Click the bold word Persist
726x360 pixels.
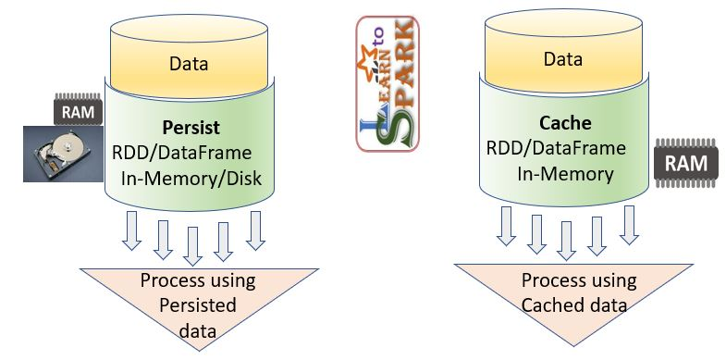[x=191, y=128]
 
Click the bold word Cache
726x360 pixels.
[x=565, y=123]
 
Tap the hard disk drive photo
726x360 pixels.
[x=63, y=154]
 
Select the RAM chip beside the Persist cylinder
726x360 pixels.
[x=78, y=110]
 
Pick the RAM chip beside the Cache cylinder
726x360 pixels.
[x=686, y=163]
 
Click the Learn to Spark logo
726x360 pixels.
[x=388, y=84]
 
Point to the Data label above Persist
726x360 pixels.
[x=189, y=64]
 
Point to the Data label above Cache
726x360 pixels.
[x=563, y=59]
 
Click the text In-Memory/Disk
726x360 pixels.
[x=191, y=178]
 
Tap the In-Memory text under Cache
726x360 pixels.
[x=565, y=174]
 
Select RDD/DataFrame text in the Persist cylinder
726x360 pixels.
[x=182, y=153]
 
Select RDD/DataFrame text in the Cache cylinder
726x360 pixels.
[x=556, y=148]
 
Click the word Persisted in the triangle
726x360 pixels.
[x=198, y=305]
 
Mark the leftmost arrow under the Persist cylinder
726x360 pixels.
[x=131, y=230]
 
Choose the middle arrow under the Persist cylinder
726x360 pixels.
[x=192, y=246]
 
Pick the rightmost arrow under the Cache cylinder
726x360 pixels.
[x=629, y=225]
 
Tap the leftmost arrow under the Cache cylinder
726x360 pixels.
[x=506, y=226]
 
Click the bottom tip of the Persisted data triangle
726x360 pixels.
[x=200, y=351]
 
